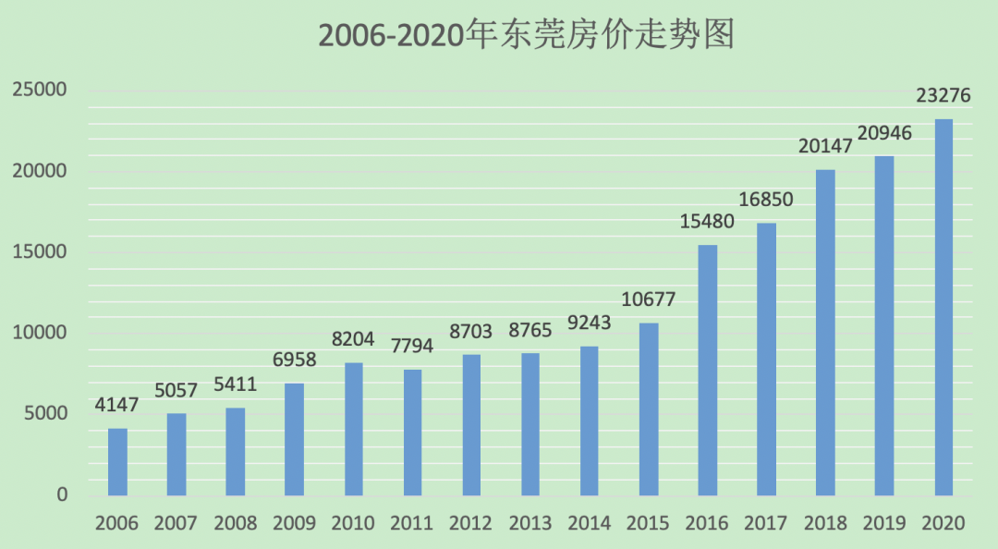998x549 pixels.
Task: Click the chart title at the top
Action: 526,35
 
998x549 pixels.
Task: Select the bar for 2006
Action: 117,461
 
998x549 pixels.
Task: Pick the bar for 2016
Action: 708,370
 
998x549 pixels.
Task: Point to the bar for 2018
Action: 826,333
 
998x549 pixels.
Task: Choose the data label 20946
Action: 883,133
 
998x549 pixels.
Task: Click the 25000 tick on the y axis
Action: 41,90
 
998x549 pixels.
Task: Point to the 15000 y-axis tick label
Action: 41,251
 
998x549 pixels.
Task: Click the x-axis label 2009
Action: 294,523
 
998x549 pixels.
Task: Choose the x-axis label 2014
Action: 589,523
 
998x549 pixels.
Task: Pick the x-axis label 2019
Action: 884,523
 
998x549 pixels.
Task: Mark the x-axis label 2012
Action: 471,523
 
